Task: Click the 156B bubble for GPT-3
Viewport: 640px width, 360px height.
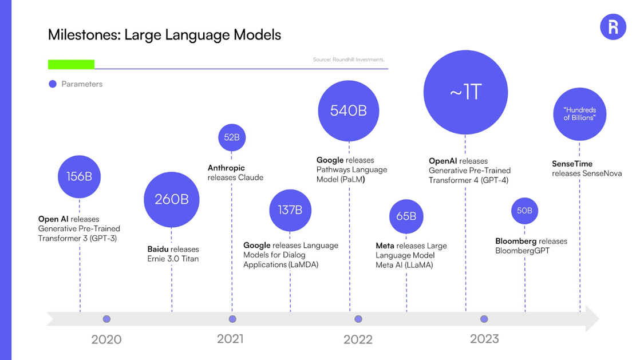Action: (79, 177)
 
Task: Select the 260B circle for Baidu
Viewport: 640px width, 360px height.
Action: (171, 199)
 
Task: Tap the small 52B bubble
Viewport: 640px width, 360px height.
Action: (232, 137)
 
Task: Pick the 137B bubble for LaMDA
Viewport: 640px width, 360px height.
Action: (290, 210)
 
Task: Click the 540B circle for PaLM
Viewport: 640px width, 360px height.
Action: (348, 110)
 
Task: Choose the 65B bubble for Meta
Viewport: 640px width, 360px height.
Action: (406, 216)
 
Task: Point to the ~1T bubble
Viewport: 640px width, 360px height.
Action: (465, 92)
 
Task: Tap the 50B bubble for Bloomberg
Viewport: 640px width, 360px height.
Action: (524, 211)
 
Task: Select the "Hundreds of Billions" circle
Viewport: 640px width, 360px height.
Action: (579, 114)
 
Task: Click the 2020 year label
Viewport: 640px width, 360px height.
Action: (106, 339)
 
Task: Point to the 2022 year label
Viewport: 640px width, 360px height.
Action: (358, 339)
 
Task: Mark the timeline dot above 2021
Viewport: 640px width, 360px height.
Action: (232, 319)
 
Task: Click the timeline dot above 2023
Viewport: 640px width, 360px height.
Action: (484, 319)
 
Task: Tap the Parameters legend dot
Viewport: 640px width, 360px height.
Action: (53, 84)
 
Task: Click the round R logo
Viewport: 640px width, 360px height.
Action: (613, 27)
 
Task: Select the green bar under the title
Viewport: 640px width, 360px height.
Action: (71, 65)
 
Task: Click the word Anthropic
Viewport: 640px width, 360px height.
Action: (226, 168)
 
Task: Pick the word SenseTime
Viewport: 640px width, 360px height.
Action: (572, 164)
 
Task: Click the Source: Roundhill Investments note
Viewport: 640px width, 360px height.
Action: (348, 60)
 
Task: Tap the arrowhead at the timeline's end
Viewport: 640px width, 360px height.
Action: (592, 319)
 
